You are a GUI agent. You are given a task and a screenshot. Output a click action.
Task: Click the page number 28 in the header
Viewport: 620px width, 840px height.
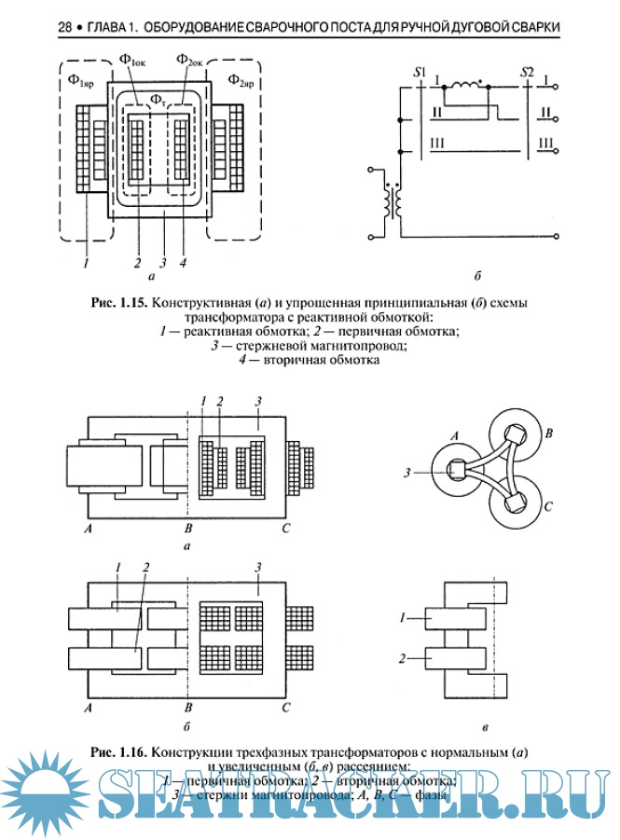point(65,29)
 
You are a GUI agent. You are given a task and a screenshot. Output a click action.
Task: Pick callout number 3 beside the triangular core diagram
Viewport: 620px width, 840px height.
point(408,473)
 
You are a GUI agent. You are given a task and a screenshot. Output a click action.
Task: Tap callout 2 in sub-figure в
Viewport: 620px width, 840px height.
point(402,658)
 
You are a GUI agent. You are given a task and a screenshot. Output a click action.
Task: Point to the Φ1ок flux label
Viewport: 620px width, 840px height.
point(133,61)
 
